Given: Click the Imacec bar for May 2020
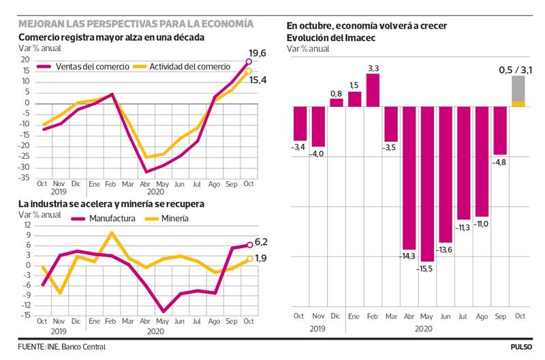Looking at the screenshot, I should [428, 184].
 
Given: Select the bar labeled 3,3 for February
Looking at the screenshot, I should [373, 90].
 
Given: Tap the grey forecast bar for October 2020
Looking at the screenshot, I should [518, 89].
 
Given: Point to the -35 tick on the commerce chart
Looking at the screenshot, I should [25, 177].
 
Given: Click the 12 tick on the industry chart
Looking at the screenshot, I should [27, 225].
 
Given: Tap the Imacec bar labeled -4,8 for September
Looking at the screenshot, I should [501, 131].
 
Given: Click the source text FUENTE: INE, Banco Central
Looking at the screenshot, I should [62, 346].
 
